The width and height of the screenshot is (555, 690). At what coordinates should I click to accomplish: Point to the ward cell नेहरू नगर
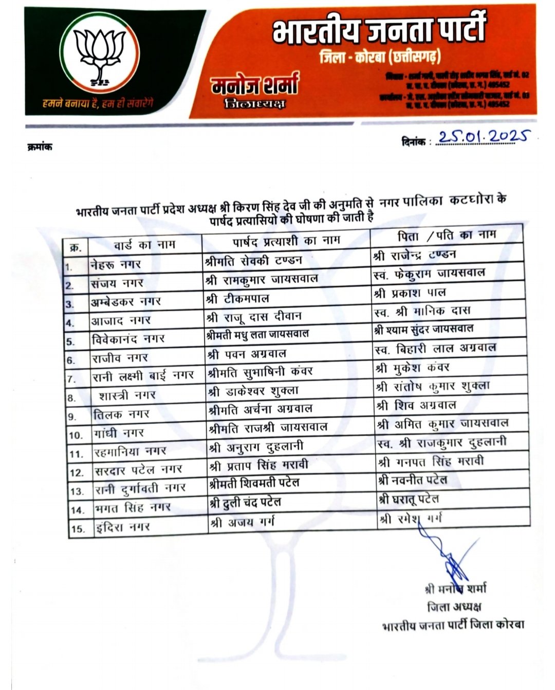tap(116, 264)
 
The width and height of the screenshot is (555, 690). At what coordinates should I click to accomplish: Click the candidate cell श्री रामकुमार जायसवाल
tap(262, 280)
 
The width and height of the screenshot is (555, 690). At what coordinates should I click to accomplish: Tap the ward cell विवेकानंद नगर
tap(128, 339)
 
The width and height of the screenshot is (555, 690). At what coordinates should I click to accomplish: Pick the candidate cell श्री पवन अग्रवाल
tap(246, 354)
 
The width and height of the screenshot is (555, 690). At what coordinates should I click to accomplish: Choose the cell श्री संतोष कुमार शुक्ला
tap(433, 386)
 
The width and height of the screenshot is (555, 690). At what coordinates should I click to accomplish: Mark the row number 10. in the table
tap(75, 435)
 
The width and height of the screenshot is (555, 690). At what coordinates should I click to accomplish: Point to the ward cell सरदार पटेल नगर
tap(138, 470)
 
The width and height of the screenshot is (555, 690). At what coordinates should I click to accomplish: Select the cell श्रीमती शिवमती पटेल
tap(254, 483)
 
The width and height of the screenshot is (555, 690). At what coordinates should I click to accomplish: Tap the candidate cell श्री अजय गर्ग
tap(242, 522)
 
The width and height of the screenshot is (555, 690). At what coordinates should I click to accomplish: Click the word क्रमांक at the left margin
tap(39, 147)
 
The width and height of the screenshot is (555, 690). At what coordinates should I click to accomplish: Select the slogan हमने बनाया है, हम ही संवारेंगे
tap(97, 104)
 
